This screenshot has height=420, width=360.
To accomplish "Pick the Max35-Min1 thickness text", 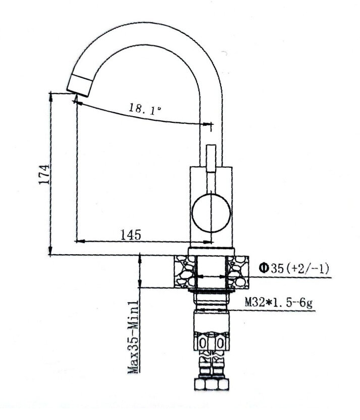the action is point(134,336).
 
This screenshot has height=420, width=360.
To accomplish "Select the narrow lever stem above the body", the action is point(211,157).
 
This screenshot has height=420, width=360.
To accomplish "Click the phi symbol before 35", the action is point(263,268).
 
